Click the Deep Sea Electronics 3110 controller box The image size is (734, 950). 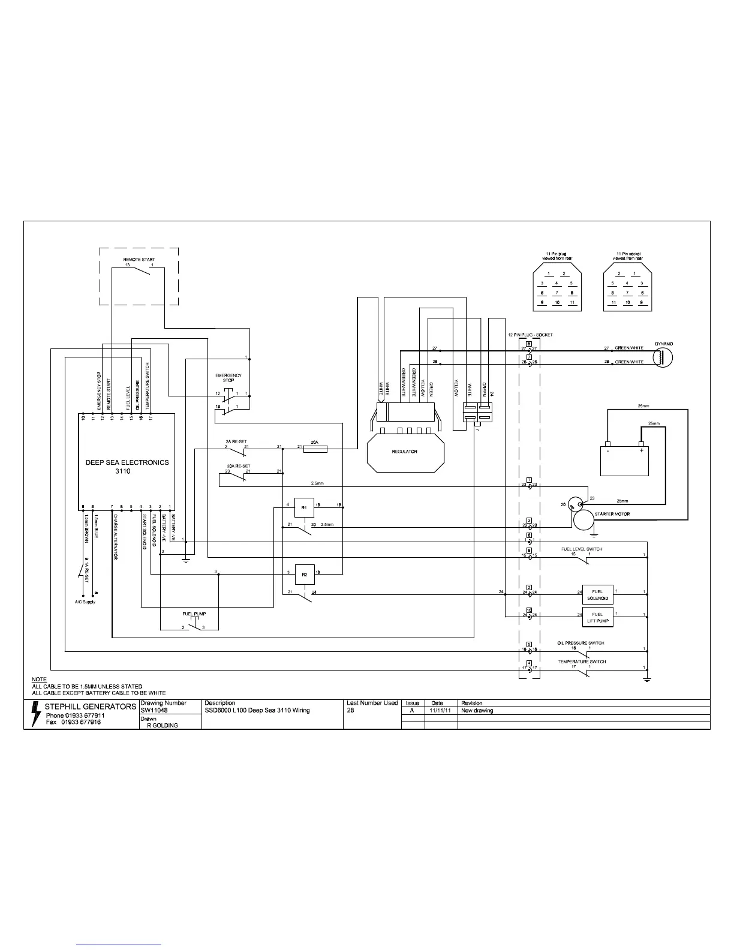tap(127, 462)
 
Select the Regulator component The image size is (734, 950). tap(405, 452)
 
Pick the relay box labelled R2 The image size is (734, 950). tap(305, 574)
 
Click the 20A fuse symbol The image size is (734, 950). tap(315, 447)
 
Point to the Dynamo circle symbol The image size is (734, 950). tap(663, 358)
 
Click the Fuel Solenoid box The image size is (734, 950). tap(597, 595)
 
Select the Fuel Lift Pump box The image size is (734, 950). tap(597, 618)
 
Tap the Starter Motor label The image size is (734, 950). tap(612, 514)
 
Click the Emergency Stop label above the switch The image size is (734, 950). tap(228, 378)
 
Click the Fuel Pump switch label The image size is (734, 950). tap(194, 614)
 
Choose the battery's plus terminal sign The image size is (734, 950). tap(641, 450)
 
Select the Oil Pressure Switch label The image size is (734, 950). tap(580, 643)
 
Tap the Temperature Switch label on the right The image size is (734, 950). tap(582, 662)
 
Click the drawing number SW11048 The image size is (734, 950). tap(154, 710)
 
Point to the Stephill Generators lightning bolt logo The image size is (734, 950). tap(37, 714)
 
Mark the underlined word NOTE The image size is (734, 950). tap(39, 680)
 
